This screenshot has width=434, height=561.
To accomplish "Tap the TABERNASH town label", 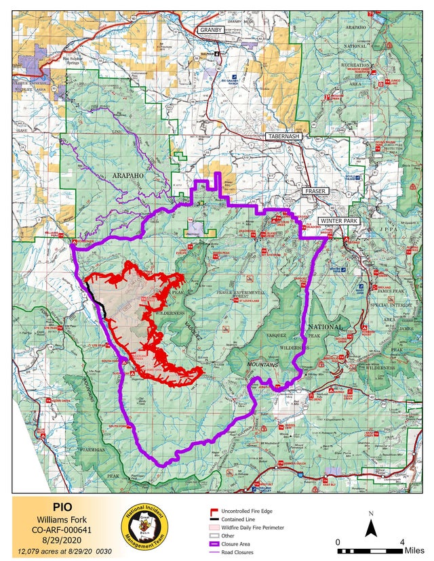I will [x=283, y=136].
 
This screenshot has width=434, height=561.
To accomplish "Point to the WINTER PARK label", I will [x=338, y=221].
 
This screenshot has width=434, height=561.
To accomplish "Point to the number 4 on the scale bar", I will [x=402, y=543].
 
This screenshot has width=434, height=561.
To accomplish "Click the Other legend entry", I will [x=224, y=535].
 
